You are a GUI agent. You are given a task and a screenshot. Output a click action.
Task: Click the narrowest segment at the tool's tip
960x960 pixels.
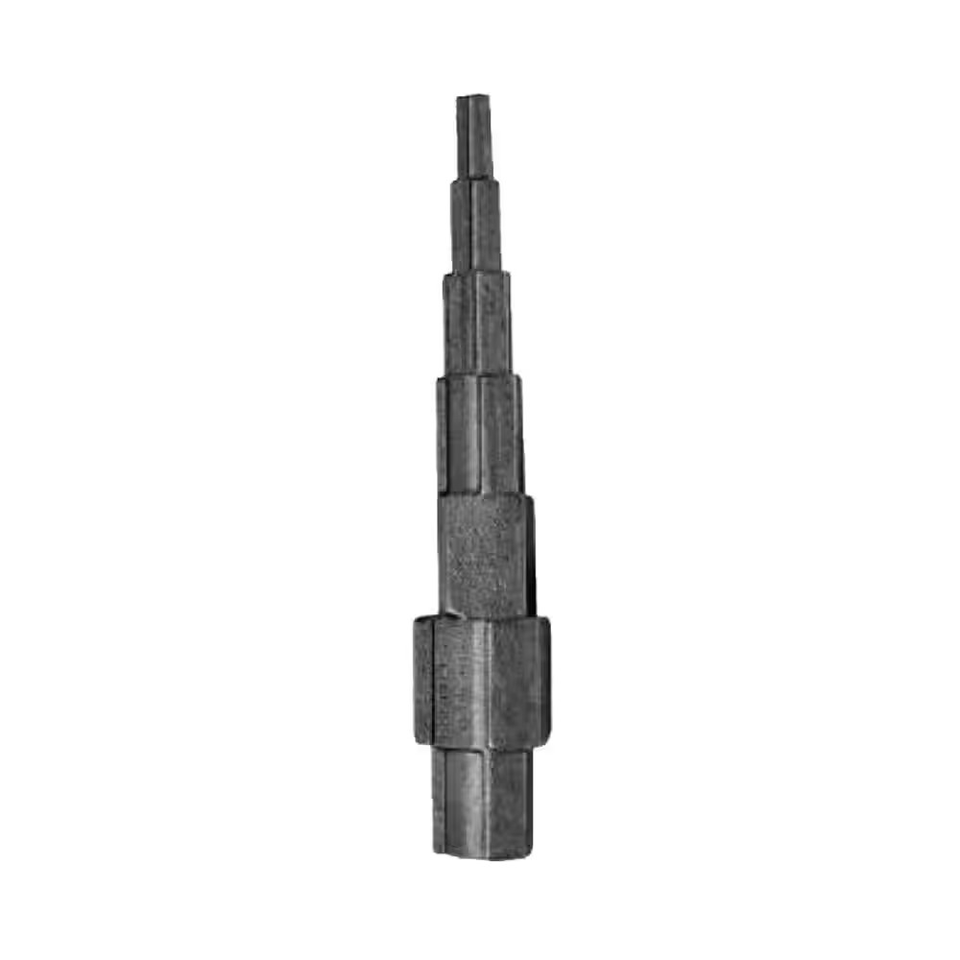pyautogui.click(x=473, y=134)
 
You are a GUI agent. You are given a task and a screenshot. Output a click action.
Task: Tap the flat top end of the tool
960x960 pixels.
pyautogui.click(x=473, y=98)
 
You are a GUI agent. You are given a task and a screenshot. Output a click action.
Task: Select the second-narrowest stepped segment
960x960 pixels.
pyautogui.click(x=476, y=226)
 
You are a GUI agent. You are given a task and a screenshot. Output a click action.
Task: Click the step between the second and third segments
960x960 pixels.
pyautogui.click(x=477, y=274)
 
